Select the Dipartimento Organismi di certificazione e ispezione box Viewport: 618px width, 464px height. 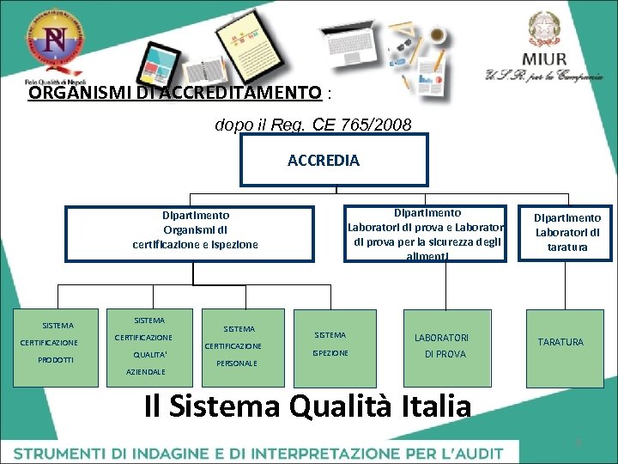tap(195, 229)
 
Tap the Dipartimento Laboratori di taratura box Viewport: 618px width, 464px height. tap(567, 231)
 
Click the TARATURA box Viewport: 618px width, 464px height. tap(560, 342)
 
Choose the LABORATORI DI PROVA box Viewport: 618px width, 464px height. tap(441, 345)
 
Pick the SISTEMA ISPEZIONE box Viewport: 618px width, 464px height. tap(330, 344)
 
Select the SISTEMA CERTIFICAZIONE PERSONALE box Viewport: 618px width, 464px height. tap(239, 345)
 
